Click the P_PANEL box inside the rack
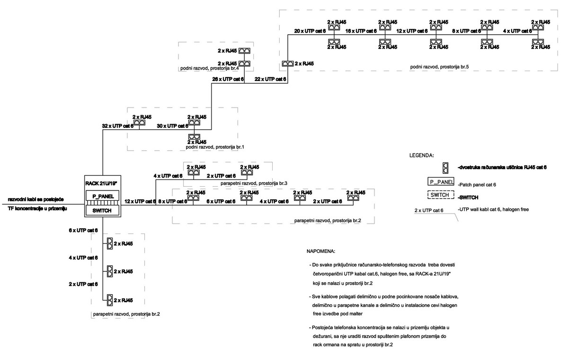[103, 196]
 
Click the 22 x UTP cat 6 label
[270, 79]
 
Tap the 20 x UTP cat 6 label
[310, 31]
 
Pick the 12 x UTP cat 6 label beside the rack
[140, 201]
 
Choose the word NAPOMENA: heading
[322, 251]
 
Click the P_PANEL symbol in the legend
[441, 181]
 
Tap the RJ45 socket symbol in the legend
[445, 168]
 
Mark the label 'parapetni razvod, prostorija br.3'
[248, 182]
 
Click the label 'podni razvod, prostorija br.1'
[215, 147]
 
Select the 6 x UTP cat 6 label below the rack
[83, 230]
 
